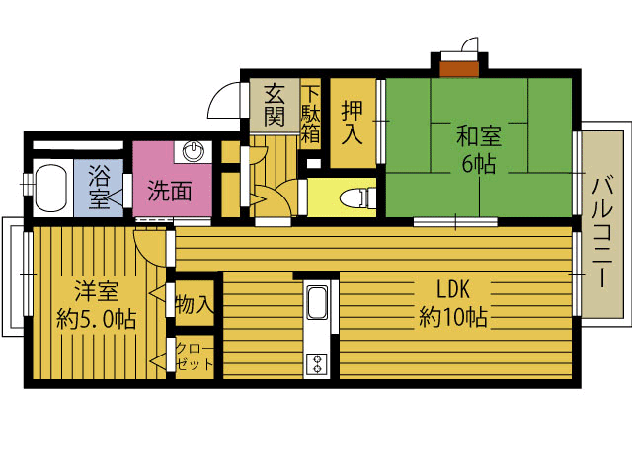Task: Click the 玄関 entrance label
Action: (275, 105)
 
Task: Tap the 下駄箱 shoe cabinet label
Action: (311, 115)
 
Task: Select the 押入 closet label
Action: (353, 121)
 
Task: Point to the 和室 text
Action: (479, 136)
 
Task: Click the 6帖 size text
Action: (479, 163)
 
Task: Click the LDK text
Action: (453, 289)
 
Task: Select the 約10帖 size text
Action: (453, 317)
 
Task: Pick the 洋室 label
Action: (97, 291)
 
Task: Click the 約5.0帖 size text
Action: (96, 319)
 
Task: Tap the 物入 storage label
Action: (195, 303)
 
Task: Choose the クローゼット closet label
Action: (195, 356)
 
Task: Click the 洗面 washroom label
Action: (170, 191)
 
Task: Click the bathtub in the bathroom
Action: (50, 188)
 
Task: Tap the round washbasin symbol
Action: (193, 151)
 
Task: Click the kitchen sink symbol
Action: (317, 302)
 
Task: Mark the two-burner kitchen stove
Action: (317, 364)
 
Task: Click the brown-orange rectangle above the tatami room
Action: (459, 69)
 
